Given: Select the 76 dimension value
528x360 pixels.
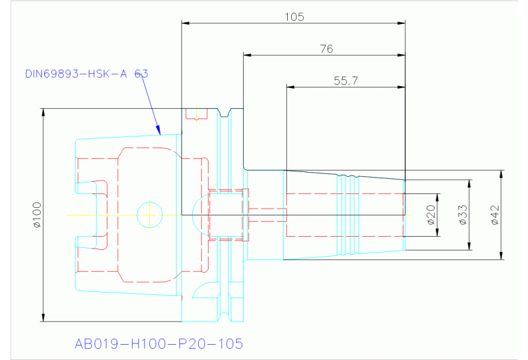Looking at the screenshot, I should click(x=326, y=48).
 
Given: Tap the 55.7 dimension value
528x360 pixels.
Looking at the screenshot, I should click(x=346, y=81).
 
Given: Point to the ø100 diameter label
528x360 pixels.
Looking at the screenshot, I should click(x=36, y=215).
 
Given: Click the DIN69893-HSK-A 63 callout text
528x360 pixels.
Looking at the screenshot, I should click(x=86, y=73).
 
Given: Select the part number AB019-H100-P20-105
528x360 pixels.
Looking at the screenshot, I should click(x=158, y=343).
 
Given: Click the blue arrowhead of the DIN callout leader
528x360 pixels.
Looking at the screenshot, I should click(x=158, y=131).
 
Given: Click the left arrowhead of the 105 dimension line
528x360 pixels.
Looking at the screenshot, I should click(x=184, y=23).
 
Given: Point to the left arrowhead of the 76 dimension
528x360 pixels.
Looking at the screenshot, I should click(x=246, y=55).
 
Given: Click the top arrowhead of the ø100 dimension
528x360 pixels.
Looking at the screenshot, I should click(x=43, y=112).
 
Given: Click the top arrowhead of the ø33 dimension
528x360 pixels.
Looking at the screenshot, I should click(x=470, y=184).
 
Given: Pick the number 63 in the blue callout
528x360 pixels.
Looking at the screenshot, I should click(x=141, y=73).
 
